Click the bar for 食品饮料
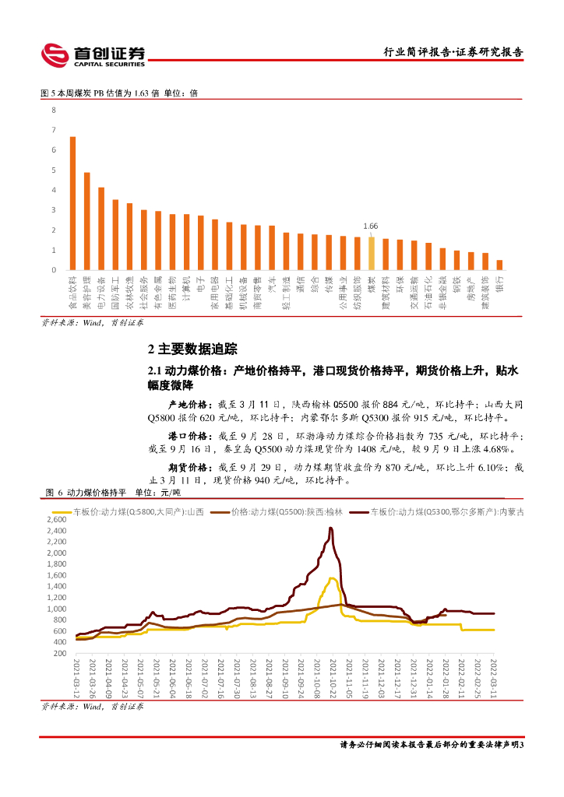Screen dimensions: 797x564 72,203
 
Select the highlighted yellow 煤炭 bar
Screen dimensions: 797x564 372,253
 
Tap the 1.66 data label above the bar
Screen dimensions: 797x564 372,227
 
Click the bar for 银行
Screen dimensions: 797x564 499,265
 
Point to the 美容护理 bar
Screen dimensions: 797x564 87,221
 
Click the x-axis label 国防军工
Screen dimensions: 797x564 115,289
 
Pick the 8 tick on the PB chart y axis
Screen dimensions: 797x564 54,110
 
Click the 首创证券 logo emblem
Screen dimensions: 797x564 55,54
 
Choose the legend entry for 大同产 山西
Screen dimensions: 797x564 139,511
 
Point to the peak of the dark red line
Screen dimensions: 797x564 331,529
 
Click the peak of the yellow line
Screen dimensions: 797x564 332,578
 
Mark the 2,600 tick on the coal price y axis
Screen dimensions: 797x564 57,519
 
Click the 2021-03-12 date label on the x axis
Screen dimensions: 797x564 76,676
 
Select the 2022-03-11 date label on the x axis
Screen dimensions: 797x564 493,676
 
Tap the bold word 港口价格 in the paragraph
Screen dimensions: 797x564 188,437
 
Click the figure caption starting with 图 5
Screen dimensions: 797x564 118,93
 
